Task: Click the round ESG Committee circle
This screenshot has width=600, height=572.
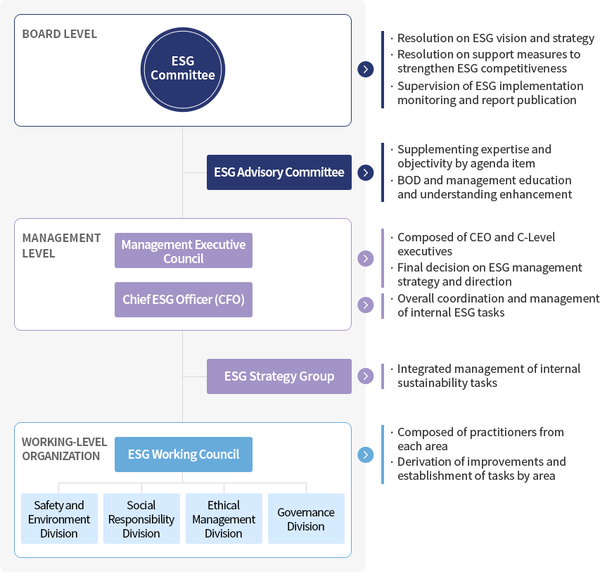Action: pos(183,69)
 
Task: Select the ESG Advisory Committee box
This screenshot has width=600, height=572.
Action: pos(279,172)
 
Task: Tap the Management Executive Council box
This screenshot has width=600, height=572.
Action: pos(184,250)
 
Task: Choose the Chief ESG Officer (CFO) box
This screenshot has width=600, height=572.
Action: pos(184,300)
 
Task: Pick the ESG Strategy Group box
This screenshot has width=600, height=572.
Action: pos(279,376)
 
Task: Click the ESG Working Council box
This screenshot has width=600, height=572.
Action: pos(184,454)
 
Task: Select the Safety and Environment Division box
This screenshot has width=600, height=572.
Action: pos(59,519)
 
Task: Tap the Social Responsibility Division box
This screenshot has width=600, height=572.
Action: pos(141,519)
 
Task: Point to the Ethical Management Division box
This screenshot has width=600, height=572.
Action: pos(224,519)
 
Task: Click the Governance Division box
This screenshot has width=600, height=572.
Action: pos(306,519)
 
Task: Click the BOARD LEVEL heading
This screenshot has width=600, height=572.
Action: pos(59,34)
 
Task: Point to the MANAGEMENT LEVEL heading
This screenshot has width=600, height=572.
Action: pos(61,246)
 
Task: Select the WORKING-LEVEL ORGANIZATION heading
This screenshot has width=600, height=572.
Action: pos(64,449)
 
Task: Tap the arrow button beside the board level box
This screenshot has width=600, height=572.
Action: pos(366,69)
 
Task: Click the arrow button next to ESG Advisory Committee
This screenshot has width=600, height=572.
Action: pos(366,172)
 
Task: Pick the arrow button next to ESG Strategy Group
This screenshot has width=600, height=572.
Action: pos(366,376)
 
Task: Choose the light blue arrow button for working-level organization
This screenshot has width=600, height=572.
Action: pos(366,455)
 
